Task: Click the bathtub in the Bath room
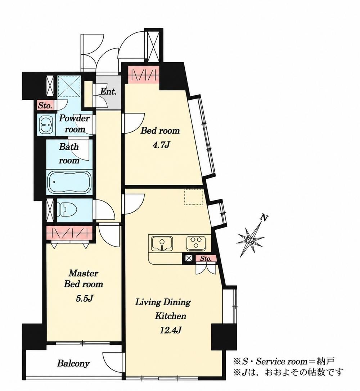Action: click(x=69, y=183)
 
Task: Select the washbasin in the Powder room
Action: click(x=46, y=125)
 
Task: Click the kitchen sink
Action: click(x=162, y=243)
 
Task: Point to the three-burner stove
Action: click(x=196, y=243)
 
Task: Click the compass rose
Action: click(x=250, y=240)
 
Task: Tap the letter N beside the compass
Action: click(x=264, y=218)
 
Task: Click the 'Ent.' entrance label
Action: click(x=108, y=91)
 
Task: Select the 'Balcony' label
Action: click(x=73, y=363)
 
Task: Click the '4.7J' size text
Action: click(x=161, y=145)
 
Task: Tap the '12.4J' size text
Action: click(x=170, y=331)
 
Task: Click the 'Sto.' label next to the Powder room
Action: click(x=45, y=106)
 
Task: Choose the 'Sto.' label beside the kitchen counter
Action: click(x=206, y=259)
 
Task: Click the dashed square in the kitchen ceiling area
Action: click(x=193, y=197)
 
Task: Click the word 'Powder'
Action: click(x=74, y=118)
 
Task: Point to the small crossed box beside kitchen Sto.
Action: click(x=189, y=259)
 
